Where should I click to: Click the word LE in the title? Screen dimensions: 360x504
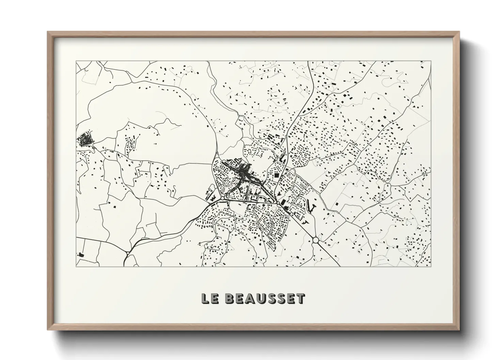(209, 299)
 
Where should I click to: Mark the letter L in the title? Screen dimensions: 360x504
(205, 299)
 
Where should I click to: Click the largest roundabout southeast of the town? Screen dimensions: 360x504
(316, 240)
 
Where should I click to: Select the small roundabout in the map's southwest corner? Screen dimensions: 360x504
(127, 253)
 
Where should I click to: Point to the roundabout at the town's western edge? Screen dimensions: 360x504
(222, 198)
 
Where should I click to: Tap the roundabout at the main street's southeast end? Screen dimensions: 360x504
(278, 203)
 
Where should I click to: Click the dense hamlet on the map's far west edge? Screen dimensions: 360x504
(84, 140)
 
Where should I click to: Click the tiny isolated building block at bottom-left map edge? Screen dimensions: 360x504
(81, 254)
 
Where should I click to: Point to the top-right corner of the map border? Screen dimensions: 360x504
(431, 61)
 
